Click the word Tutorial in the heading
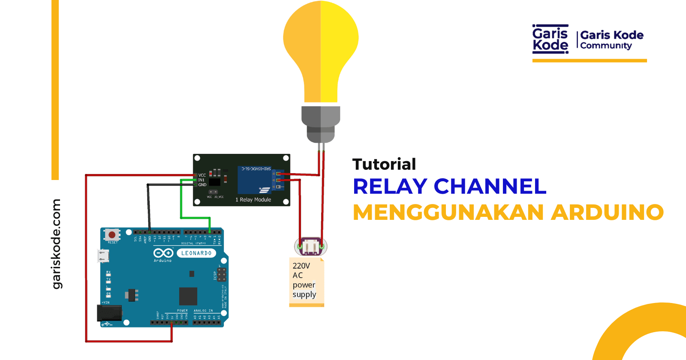click(x=384, y=164)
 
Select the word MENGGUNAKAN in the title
click(x=448, y=212)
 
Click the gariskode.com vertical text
click(x=57, y=244)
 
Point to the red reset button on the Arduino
click(x=112, y=234)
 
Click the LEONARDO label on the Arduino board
click(x=196, y=253)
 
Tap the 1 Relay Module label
click(x=253, y=200)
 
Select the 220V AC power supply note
click(x=306, y=281)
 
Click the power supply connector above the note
click(x=310, y=246)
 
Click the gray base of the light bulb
click(x=321, y=124)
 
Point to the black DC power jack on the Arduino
click(x=109, y=313)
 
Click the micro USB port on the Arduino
click(x=103, y=256)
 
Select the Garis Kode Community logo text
click(x=612, y=40)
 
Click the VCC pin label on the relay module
click(x=202, y=175)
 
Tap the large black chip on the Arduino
click(x=188, y=296)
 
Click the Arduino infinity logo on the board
click(x=163, y=253)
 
